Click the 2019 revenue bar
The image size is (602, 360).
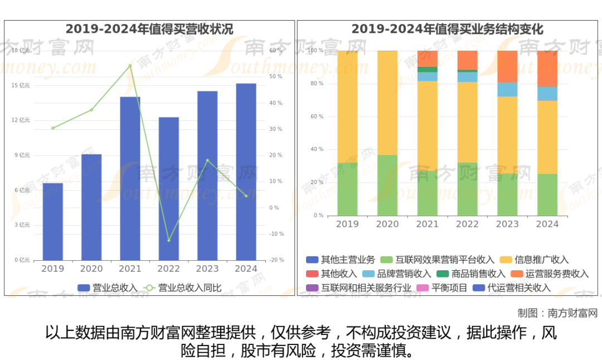point(53,221)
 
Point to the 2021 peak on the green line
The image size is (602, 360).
point(130,66)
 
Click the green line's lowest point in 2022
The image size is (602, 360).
point(168,240)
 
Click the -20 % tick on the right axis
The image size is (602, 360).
point(276,260)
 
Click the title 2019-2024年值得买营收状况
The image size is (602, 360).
point(149,29)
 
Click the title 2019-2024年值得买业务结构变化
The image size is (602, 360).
point(447,29)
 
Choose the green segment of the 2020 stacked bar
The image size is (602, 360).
point(387,185)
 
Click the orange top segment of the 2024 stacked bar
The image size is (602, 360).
point(547,68)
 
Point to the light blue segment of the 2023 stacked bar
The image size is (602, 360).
point(507,89)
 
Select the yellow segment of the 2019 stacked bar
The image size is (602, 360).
point(347,106)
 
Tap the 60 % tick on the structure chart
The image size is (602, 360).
point(317,116)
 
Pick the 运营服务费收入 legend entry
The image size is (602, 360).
point(550,274)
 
